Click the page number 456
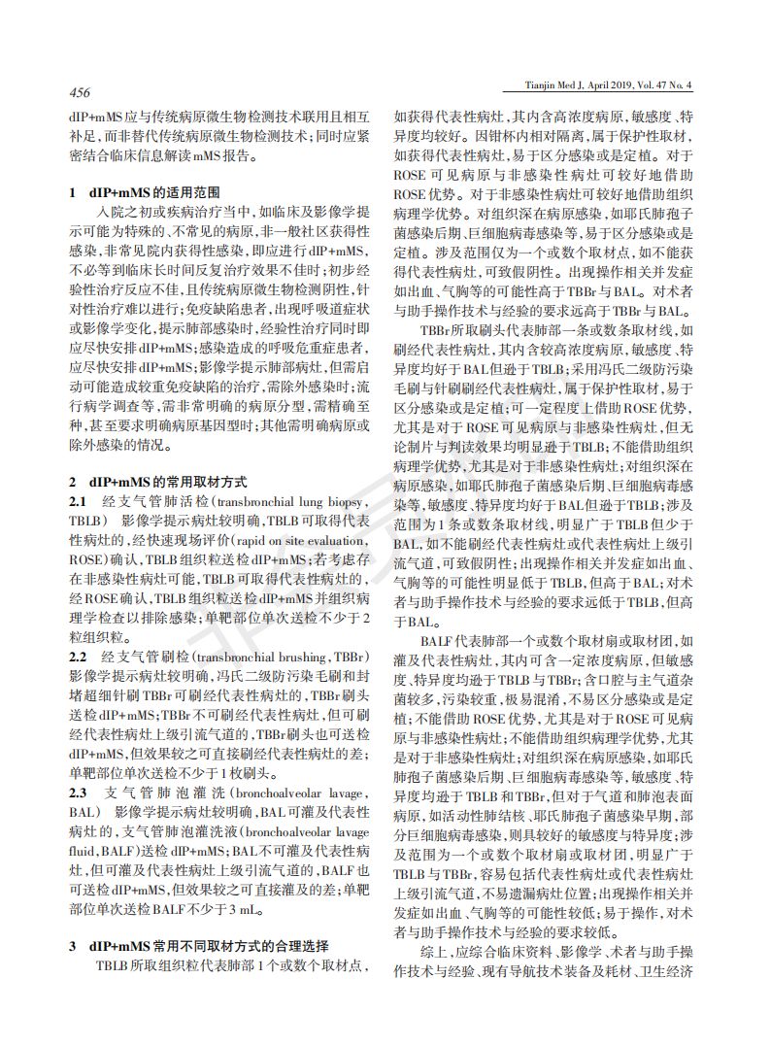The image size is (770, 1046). click(79, 93)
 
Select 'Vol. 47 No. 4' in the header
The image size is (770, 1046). click(681, 86)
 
